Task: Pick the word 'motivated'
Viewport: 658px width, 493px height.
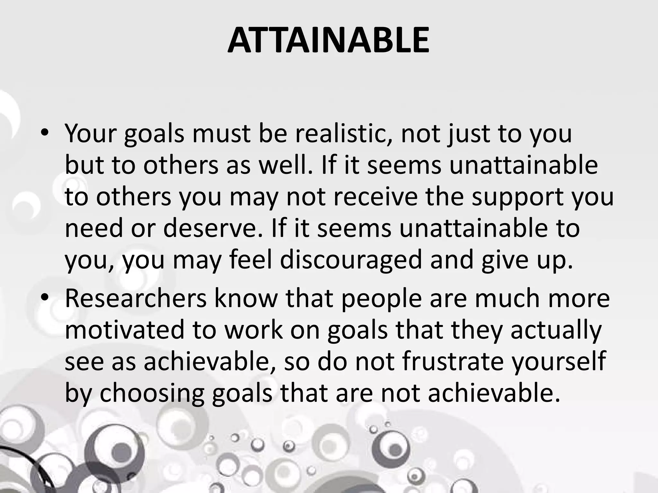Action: tap(124, 330)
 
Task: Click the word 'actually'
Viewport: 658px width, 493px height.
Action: tap(556, 330)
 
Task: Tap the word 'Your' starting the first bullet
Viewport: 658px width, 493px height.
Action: tap(90, 133)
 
